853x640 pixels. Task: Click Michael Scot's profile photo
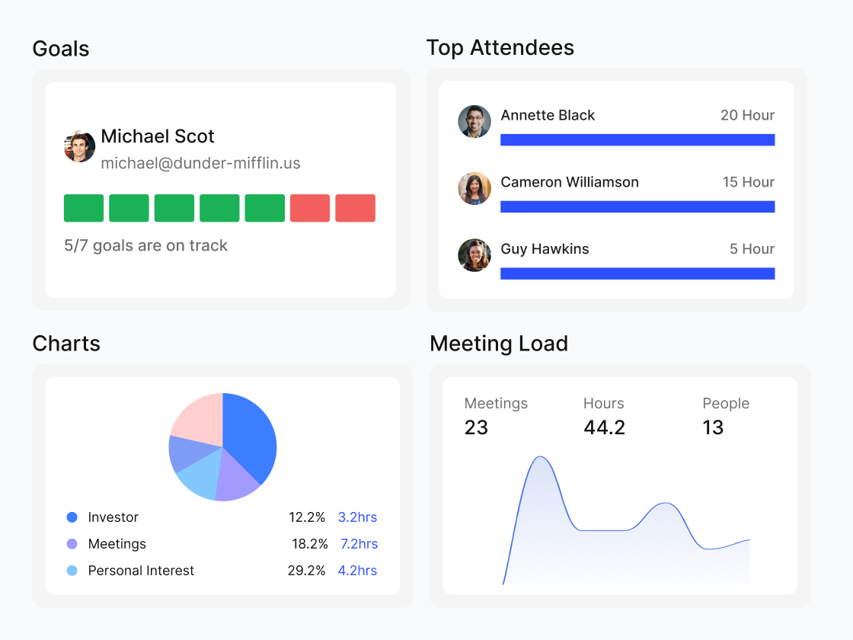click(80, 146)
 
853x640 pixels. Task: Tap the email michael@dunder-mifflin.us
click(200, 163)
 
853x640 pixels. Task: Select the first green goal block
click(84, 208)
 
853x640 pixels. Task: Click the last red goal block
click(355, 208)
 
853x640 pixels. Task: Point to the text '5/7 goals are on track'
click(145, 245)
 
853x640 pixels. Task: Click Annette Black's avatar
click(474, 122)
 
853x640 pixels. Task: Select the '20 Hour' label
click(747, 115)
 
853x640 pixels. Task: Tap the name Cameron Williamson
click(570, 182)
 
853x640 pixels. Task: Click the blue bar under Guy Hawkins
click(637, 274)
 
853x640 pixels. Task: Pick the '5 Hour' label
click(752, 249)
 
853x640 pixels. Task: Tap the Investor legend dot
click(72, 517)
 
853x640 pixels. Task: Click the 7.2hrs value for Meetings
click(359, 544)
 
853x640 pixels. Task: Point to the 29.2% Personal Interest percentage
click(306, 571)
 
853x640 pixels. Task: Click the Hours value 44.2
click(604, 427)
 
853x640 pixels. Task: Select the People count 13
click(713, 427)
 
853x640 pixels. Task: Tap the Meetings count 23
click(476, 427)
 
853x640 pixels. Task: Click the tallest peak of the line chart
click(541, 457)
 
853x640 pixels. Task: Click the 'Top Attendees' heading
click(500, 48)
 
